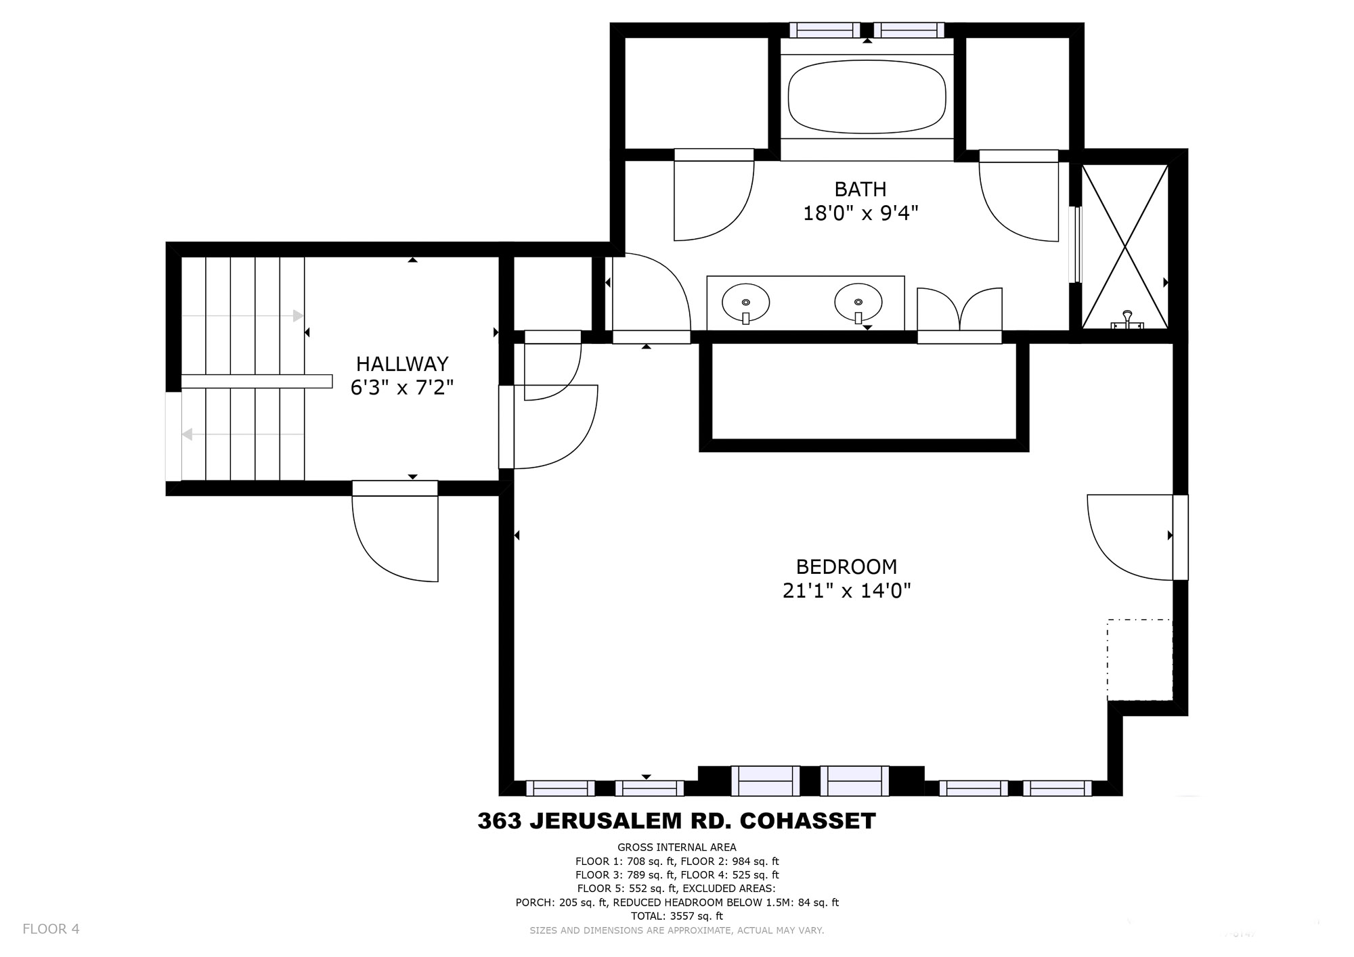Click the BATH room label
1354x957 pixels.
point(860,189)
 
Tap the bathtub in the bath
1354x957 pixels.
point(867,97)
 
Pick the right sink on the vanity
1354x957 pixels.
point(858,302)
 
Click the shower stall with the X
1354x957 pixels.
point(1125,246)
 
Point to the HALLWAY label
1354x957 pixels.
point(402,364)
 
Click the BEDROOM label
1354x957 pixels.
point(846,566)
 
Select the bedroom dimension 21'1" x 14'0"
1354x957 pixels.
point(846,591)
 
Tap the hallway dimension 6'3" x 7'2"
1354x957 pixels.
point(402,388)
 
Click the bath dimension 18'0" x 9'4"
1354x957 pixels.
point(860,214)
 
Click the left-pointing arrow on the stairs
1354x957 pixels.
point(242,434)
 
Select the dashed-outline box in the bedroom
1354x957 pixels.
point(1139,660)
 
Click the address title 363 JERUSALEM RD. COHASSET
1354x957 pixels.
point(676,821)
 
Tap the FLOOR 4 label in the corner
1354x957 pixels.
point(51,929)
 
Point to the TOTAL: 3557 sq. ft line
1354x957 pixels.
point(677,916)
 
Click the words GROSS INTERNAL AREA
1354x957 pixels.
point(677,847)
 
